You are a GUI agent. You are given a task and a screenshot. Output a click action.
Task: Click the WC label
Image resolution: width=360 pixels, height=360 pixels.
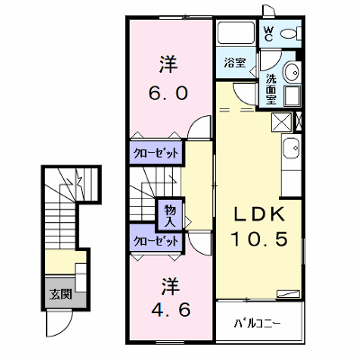(x=268, y=33)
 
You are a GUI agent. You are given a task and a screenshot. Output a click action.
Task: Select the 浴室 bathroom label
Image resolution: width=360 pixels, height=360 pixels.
(x=235, y=63)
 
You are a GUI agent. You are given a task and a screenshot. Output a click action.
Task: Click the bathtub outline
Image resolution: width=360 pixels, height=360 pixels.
(x=236, y=32)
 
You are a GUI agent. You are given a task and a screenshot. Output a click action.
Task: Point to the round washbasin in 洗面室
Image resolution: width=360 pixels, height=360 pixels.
(x=292, y=72)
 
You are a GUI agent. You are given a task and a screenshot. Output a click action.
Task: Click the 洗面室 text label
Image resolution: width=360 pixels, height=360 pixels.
(x=272, y=89)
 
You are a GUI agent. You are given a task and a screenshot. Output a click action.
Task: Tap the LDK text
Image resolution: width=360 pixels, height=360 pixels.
(x=258, y=215)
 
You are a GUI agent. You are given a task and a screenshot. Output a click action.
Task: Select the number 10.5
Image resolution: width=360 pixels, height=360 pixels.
(x=259, y=239)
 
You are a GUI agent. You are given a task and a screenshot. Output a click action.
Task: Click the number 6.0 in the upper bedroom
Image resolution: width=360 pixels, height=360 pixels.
(x=168, y=93)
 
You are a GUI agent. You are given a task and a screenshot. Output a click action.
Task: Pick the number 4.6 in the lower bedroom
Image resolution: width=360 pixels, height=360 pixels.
(x=170, y=310)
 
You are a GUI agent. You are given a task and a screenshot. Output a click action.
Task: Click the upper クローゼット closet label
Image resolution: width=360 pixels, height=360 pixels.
(x=156, y=154)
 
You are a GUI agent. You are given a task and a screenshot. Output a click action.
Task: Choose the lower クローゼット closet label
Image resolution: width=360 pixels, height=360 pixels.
(x=156, y=241)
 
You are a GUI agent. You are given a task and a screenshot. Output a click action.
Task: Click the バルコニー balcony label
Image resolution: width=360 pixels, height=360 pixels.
(x=257, y=323)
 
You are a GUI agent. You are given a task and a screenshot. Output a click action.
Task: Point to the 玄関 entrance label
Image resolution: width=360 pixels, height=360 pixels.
(x=61, y=294)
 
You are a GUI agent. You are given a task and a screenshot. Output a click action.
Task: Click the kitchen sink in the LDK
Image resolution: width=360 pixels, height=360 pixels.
(x=291, y=148)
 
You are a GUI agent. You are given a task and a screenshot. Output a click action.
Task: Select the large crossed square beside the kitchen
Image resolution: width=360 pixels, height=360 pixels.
(x=281, y=121)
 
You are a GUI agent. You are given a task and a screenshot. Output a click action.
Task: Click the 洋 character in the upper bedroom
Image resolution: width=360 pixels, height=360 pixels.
(x=168, y=64)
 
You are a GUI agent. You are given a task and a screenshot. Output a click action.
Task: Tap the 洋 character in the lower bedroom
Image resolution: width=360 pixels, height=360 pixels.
(x=171, y=286)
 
